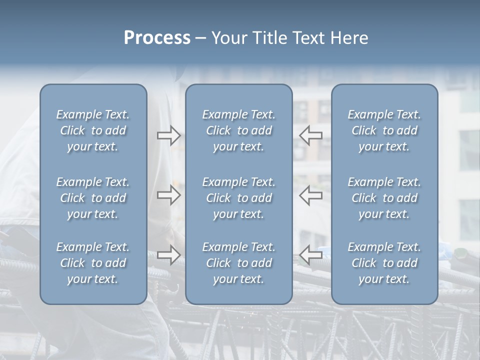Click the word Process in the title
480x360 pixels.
click(x=157, y=38)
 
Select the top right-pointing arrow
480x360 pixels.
click(x=169, y=135)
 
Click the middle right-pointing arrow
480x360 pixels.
click(x=169, y=195)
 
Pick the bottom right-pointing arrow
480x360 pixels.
click(x=169, y=255)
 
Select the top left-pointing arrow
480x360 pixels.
click(x=310, y=135)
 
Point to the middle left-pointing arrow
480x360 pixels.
click(x=310, y=195)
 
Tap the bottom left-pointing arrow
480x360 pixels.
click(x=310, y=255)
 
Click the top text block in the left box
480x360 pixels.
click(x=93, y=131)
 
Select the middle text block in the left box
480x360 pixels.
click(x=93, y=198)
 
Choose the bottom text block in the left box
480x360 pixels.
click(x=93, y=263)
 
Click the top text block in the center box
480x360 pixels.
click(x=239, y=131)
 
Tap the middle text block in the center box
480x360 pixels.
click(x=239, y=198)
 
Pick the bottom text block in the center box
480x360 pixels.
click(x=239, y=263)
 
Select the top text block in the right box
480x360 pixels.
click(x=384, y=131)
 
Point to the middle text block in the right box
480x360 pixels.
click(x=384, y=198)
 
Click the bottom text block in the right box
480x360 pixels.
click(x=384, y=263)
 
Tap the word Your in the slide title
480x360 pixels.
click(x=227, y=38)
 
